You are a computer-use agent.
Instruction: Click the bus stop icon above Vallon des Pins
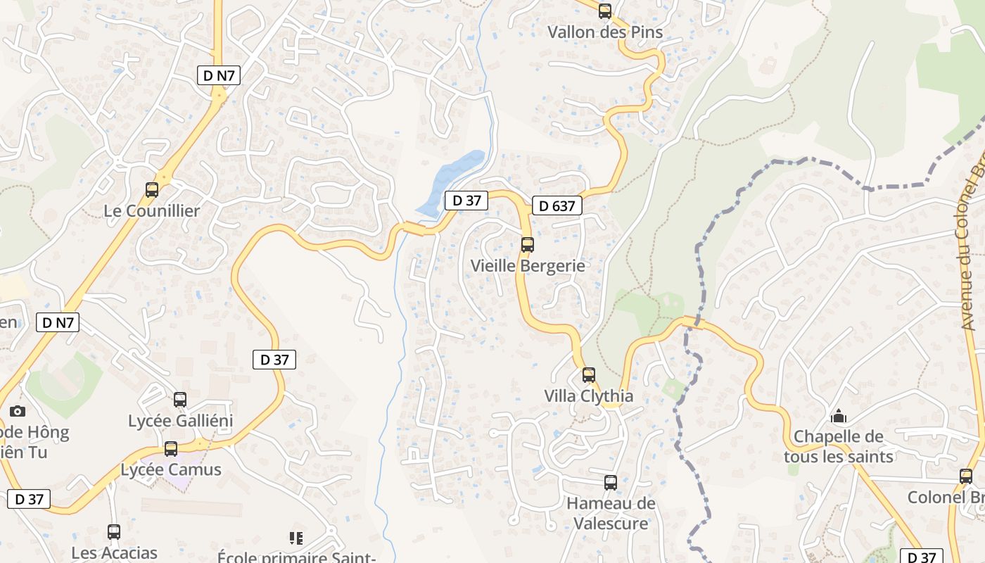tap(605, 11)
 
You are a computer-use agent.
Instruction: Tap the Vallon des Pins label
tap(605, 32)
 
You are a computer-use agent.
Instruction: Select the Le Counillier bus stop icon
tap(152, 189)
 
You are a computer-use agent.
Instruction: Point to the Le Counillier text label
tap(152, 211)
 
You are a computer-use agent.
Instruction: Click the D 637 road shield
tap(557, 205)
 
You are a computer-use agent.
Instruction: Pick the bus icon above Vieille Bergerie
tap(528, 245)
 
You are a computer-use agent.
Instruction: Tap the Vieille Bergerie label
tap(528, 266)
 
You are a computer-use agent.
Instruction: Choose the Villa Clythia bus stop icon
tap(589, 375)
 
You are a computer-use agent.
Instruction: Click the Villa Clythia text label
tap(589, 396)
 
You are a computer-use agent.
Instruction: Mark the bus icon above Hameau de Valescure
tap(611, 483)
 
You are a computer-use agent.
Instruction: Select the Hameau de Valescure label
tap(611, 514)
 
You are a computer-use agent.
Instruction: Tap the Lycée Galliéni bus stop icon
tap(180, 400)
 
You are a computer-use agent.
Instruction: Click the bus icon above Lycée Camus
tap(171, 448)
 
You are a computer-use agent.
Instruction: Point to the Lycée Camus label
tap(171, 470)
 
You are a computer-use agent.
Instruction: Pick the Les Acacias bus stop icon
tap(114, 532)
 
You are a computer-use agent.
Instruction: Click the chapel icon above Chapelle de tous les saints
tap(839, 417)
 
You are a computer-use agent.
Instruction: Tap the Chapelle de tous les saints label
tap(839, 447)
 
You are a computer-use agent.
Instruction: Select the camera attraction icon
tap(18, 411)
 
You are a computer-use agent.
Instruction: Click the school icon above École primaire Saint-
tap(296, 538)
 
